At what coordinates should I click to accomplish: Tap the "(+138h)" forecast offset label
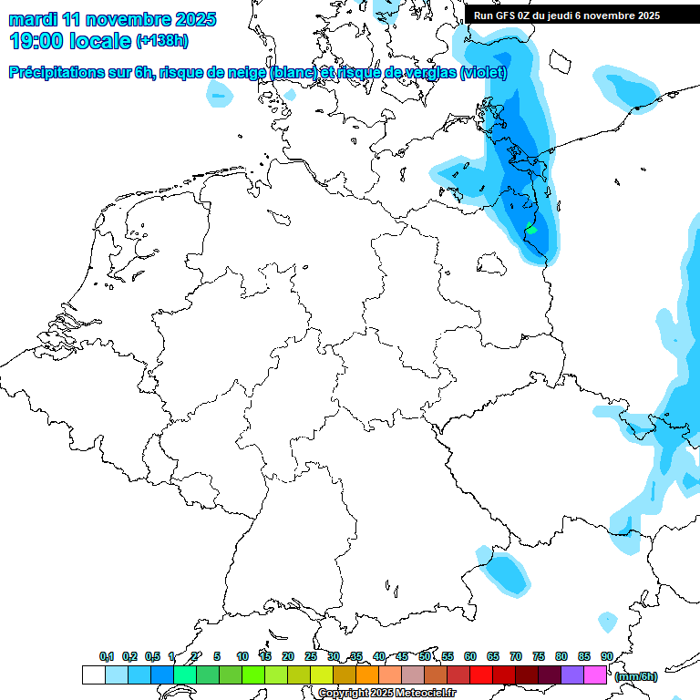pos(162,41)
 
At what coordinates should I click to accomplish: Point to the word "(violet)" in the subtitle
pos(484,73)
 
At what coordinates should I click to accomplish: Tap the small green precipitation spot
pos(530,229)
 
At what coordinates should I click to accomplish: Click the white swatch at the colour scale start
pos(93,675)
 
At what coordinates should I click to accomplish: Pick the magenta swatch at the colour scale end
pos(595,675)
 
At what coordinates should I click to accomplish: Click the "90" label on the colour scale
pos(607,656)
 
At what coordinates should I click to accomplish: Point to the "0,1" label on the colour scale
pos(107,656)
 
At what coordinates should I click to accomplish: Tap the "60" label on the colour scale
pos(470,656)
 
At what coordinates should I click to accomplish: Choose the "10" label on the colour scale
pos(242,656)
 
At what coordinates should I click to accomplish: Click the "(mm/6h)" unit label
pos(636,676)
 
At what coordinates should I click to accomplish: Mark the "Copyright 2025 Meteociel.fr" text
pos(387,694)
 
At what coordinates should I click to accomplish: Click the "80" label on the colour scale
pos(561,656)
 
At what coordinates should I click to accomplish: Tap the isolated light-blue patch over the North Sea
pos(219,90)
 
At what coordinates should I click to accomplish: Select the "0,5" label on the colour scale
pos(152,656)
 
